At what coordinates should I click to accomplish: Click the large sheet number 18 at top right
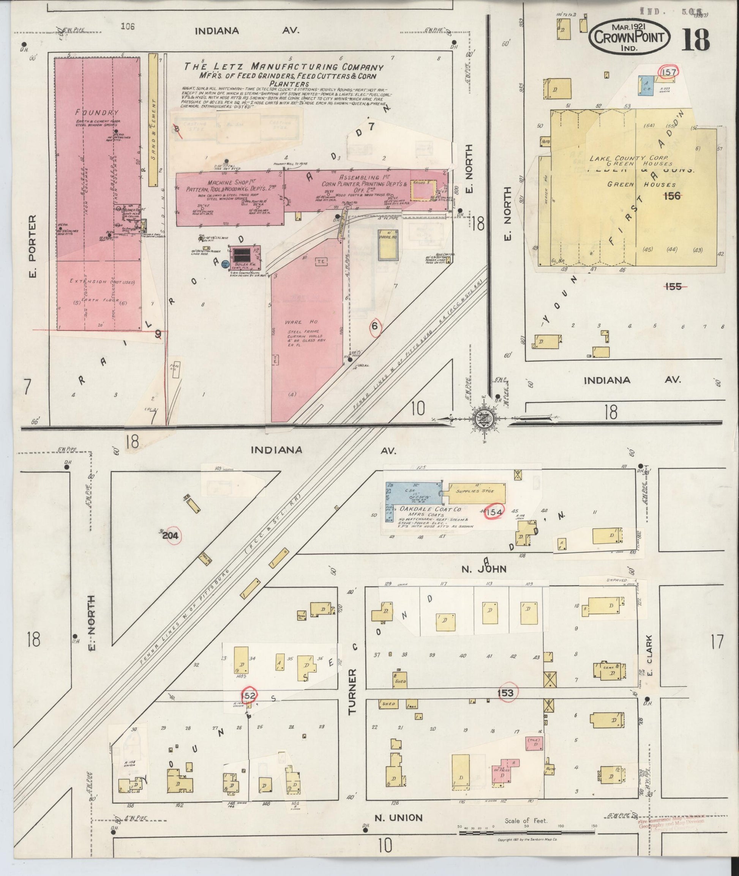696,40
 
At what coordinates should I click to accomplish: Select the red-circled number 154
495,511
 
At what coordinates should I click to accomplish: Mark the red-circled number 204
170,535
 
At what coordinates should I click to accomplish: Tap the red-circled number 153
506,693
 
